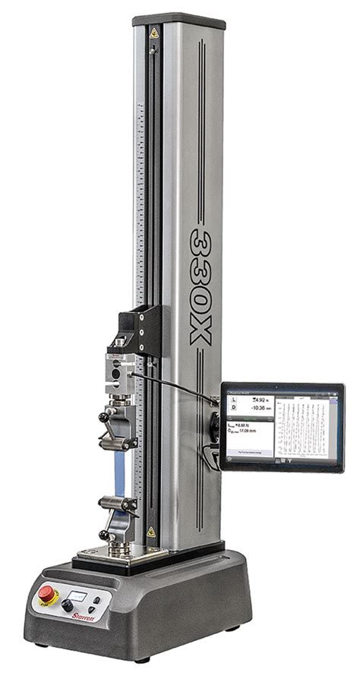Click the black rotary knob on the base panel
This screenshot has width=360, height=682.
pyautogui.click(x=67, y=605)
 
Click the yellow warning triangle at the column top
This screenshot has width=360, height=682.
pyautogui.click(x=154, y=33)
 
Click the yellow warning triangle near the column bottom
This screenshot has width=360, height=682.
pyautogui.click(x=150, y=532)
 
